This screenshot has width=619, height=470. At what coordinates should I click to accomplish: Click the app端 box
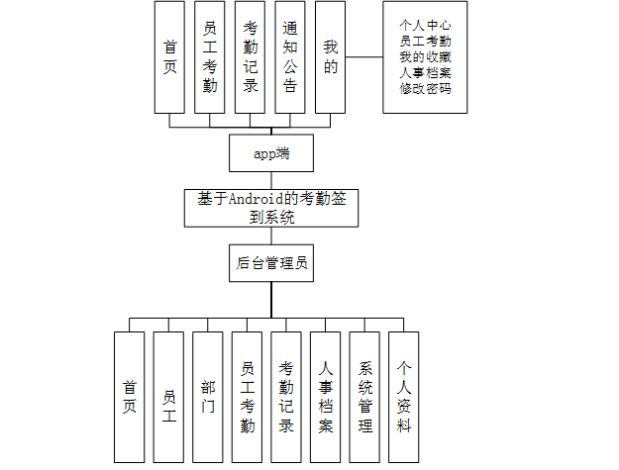point(270,153)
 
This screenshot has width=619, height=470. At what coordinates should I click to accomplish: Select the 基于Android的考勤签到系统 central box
point(270,208)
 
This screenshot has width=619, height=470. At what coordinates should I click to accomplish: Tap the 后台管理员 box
point(270,262)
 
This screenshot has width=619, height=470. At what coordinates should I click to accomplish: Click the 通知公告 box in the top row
point(289,56)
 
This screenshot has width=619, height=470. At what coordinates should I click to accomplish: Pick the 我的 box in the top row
point(330,56)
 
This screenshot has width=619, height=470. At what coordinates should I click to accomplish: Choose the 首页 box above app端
point(169,56)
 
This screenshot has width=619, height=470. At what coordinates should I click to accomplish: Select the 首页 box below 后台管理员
point(129,396)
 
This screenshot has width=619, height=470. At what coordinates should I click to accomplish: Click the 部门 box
point(208,396)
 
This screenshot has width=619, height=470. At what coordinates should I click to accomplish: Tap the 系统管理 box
point(365,396)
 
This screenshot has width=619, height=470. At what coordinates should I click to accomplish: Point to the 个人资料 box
point(404,396)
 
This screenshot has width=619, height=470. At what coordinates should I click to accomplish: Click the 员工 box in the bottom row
point(168,396)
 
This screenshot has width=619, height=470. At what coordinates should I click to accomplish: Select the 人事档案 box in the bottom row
point(326,396)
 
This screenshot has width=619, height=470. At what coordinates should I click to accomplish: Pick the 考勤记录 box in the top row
point(250,56)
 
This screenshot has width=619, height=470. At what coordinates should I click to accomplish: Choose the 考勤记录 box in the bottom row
point(286,396)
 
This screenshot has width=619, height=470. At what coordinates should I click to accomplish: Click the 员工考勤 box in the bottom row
point(248,396)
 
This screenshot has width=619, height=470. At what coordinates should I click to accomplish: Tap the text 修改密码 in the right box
point(424,88)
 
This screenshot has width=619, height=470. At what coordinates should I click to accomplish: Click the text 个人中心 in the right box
point(424,26)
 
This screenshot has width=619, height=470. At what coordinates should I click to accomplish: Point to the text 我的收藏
point(424,57)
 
